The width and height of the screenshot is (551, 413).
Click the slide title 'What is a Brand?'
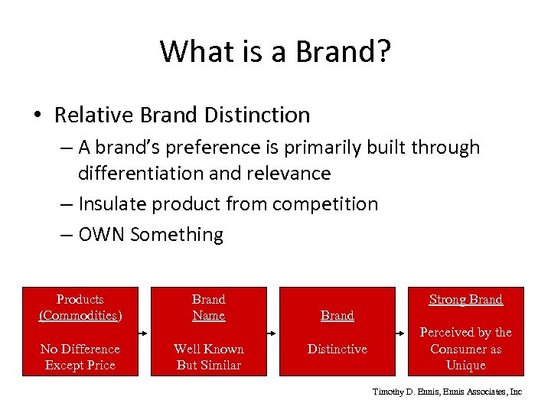pyautogui.click(x=275, y=51)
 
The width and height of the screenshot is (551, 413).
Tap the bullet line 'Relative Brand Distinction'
pyautogui.click(x=182, y=115)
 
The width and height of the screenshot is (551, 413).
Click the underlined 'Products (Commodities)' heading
pyautogui.click(x=80, y=307)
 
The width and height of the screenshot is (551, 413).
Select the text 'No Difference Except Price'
pyautogui.click(x=80, y=356)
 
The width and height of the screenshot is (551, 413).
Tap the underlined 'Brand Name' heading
pyautogui.click(x=209, y=307)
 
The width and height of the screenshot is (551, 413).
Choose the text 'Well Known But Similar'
pyautogui.click(x=209, y=356)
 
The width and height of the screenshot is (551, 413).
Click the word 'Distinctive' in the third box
pyautogui.click(x=337, y=349)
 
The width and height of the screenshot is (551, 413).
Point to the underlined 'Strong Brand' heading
pyautogui.click(x=466, y=299)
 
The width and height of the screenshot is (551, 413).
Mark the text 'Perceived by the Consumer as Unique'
pyautogui.click(x=466, y=349)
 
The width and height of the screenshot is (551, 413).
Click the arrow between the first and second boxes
pyautogui.click(x=145, y=333)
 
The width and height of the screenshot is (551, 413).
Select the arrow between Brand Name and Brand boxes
pyautogui.click(x=273, y=333)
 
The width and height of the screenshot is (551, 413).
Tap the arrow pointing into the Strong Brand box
pyautogui.click(x=402, y=333)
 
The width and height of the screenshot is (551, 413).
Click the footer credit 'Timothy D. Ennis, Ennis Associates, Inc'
pyautogui.click(x=447, y=391)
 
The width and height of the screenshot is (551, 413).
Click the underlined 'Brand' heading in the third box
pyautogui.click(x=337, y=315)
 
